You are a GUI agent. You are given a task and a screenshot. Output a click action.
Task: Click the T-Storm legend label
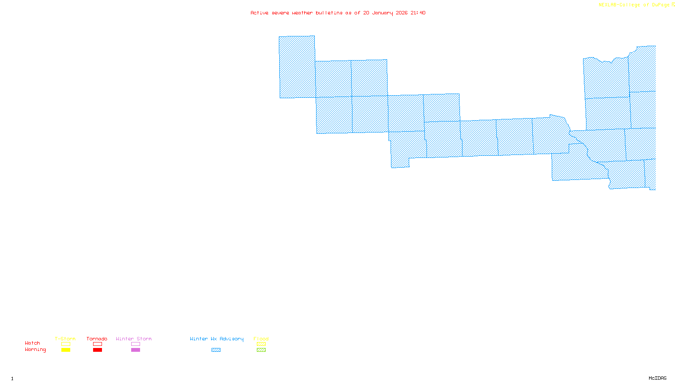(x=65, y=339)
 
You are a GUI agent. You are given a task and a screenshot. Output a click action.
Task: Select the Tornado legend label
(x=97, y=339)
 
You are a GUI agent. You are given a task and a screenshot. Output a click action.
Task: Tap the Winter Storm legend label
(x=134, y=339)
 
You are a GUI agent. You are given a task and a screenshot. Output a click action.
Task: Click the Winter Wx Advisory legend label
(x=217, y=339)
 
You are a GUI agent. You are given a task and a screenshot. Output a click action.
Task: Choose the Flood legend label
(x=261, y=339)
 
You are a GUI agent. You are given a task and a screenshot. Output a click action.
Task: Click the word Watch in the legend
(x=33, y=343)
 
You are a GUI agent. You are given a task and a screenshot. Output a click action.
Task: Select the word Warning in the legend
(x=36, y=350)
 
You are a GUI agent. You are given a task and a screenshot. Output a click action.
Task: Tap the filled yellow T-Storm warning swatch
(x=66, y=350)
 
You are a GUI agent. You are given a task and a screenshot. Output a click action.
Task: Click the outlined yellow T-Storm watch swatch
(x=66, y=344)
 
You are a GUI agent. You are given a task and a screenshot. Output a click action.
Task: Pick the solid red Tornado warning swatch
(x=97, y=350)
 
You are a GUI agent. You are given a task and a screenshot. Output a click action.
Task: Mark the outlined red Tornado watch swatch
(x=97, y=344)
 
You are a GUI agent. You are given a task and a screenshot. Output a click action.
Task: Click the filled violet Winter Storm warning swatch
(x=135, y=350)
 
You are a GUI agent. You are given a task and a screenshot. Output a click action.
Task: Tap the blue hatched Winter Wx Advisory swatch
(x=216, y=350)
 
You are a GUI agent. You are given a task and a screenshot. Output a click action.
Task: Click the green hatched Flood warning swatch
(x=261, y=350)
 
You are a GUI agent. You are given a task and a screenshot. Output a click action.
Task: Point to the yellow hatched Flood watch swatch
(x=261, y=344)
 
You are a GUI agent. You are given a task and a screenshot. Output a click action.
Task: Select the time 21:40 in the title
(x=418, y=13)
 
